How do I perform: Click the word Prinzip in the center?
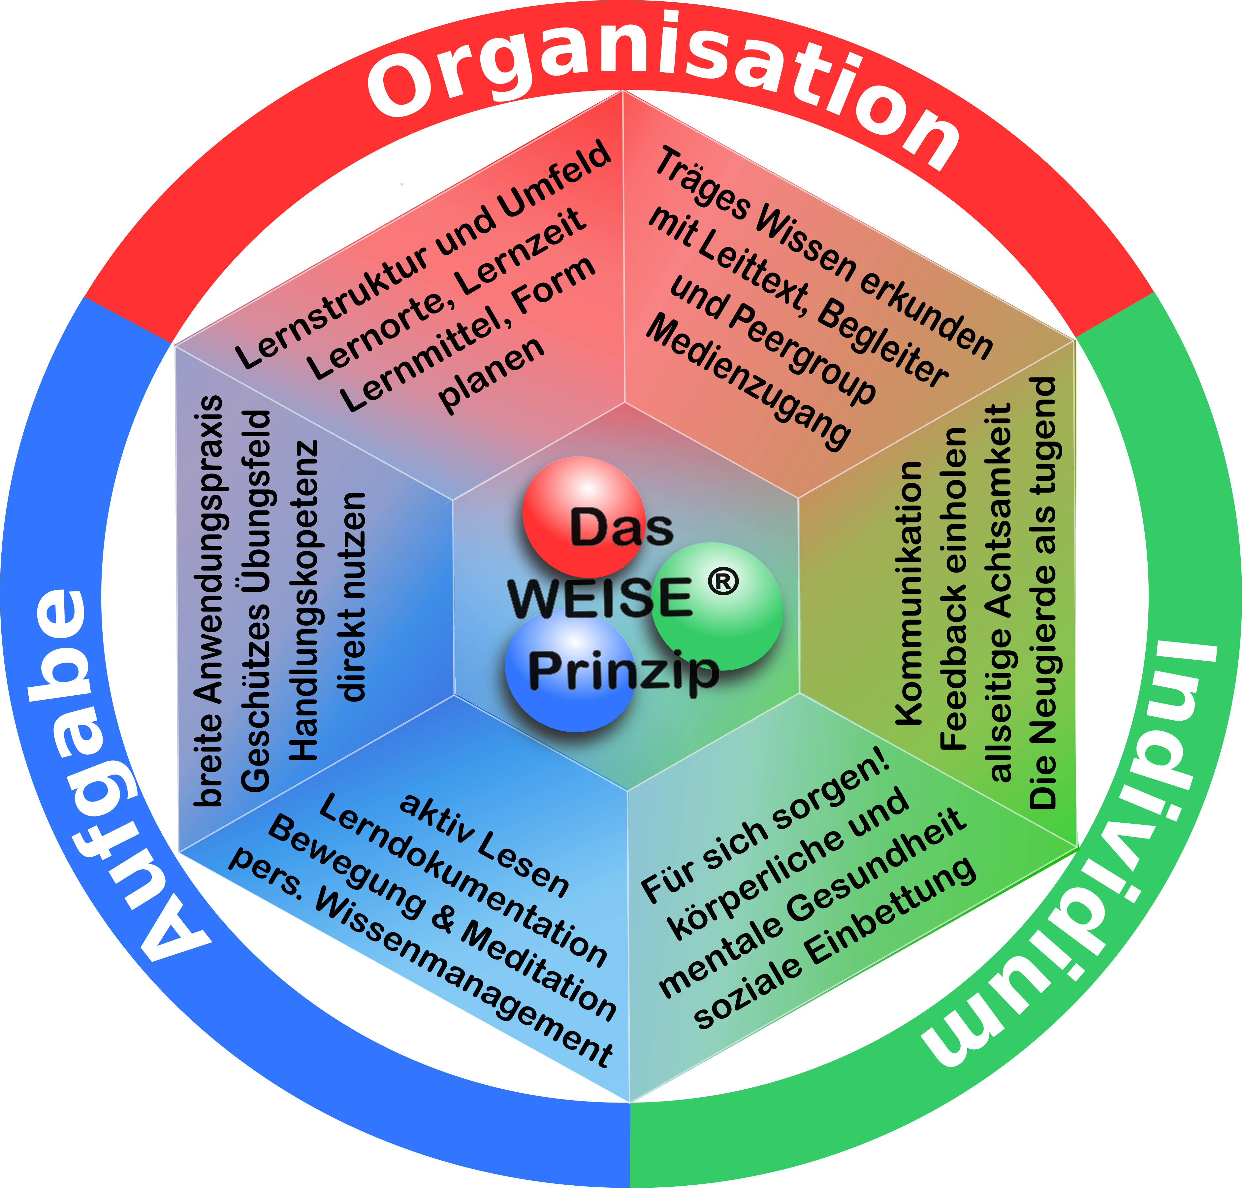click(623, 671)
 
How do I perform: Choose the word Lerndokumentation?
click(462, 880)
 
